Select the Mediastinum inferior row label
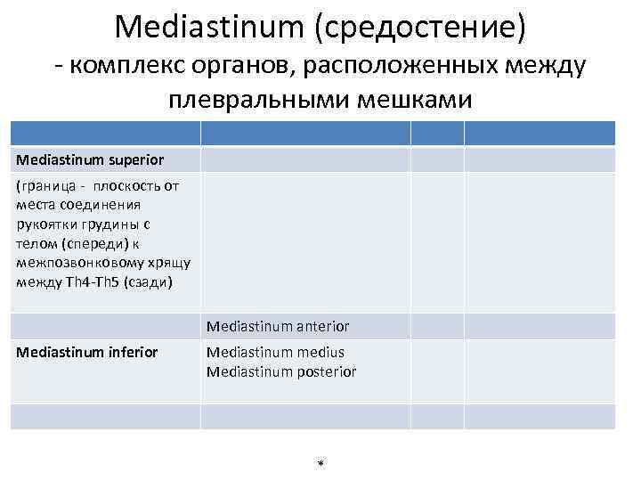point(87,353)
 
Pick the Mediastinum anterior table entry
point(278,326)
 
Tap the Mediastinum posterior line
point(281,371)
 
